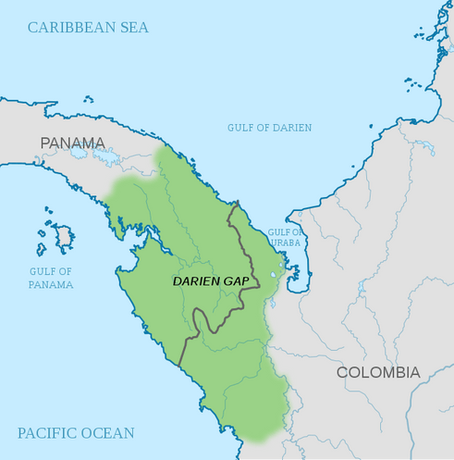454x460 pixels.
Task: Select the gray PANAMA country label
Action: pos(73,143)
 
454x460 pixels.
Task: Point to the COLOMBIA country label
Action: pos(377,372)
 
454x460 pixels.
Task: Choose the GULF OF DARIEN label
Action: pos(269,128)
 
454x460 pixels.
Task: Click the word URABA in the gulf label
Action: pos(284,243)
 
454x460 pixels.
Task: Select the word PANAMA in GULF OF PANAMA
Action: pos(51,284)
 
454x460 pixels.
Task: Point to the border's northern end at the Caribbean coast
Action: pos(238,201)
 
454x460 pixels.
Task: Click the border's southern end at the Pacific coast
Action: pos(180,362)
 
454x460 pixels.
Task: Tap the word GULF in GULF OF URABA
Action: pos(279,232)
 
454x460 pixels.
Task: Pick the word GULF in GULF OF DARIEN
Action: pos(242,128)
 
